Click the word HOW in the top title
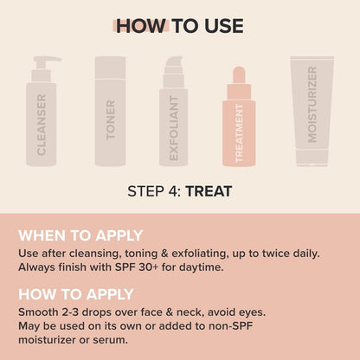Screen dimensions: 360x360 pyautogui.click(x=142, y=26)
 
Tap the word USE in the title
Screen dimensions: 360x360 pyautogui.click(x=224, y=26)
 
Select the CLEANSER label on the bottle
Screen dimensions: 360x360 pyautogui.click(x=42, y=125)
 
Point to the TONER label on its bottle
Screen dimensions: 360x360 pyautogui.click(x=111, y=119)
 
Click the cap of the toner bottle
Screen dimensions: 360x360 pyautogui.click(x=110, y=67)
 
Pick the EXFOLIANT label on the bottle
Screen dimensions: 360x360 pyautogui.click(x=174, y=128)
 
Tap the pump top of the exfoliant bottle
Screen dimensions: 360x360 pyautogui.click(x=174, y=65)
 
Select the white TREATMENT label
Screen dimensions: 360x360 pyautogui.click(x=239, y=133)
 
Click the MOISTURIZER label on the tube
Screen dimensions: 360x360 pyautogui.click(x=312, y=105)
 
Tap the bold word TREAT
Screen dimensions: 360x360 pyautogui.click(x=209, y=191)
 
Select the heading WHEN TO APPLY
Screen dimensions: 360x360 pyautogui.click(x=80, y=235)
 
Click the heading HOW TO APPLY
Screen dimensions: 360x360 pyautogui.click(x=76, y=294)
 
